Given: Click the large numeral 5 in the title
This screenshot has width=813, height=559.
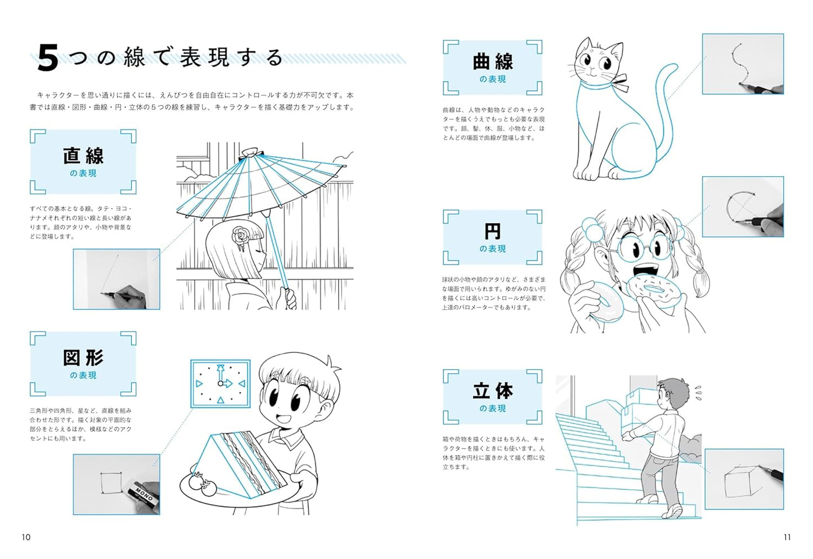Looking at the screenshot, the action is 48,59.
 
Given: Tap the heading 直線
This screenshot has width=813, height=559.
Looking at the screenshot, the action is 83,156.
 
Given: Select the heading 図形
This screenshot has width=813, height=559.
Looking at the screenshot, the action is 83,358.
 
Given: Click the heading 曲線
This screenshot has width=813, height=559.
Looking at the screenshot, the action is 492,62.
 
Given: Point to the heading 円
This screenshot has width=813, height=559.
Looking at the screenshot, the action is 492,231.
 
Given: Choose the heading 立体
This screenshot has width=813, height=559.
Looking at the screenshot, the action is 492,391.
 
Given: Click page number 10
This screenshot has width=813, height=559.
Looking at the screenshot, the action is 26,537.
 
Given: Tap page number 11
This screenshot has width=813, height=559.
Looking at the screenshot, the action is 787,537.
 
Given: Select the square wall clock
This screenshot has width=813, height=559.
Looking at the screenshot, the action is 221,383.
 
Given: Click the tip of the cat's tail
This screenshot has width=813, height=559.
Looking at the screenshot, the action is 675,66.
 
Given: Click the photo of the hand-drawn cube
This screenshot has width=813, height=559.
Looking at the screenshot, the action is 744,478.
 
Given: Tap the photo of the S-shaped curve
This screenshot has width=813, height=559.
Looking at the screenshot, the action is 743,64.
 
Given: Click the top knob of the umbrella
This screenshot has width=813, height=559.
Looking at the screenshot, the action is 252,153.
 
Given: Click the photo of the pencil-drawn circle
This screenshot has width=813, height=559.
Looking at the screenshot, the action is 743,207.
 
